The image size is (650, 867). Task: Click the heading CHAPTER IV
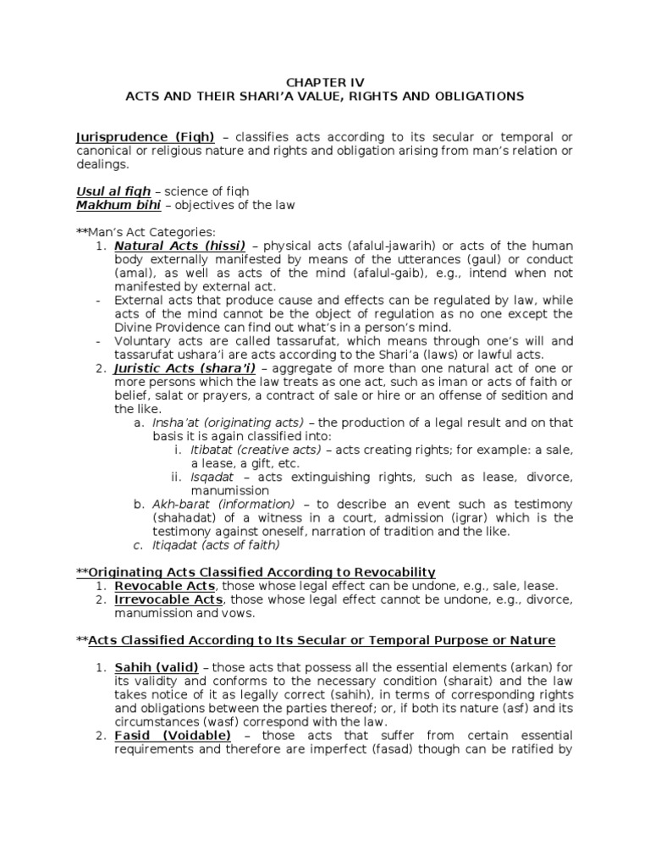click(x=325, y=82)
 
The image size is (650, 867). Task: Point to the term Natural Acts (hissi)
click(x=180, y=246)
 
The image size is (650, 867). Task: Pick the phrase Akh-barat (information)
click(x=223, y=503)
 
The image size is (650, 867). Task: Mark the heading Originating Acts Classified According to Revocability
click(x=262, y=572)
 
